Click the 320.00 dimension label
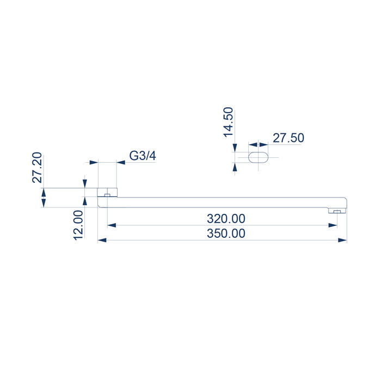coord(226,219)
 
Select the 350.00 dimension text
coord(226,233)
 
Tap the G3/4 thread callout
coord(143,156)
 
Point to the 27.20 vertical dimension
coord(37,168)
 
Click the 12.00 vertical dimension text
coord(78,225)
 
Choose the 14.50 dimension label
coord(229,122)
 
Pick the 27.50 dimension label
coord(288,138)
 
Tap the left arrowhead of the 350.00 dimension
coord(102,241)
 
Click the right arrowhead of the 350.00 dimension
coord(342,241)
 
